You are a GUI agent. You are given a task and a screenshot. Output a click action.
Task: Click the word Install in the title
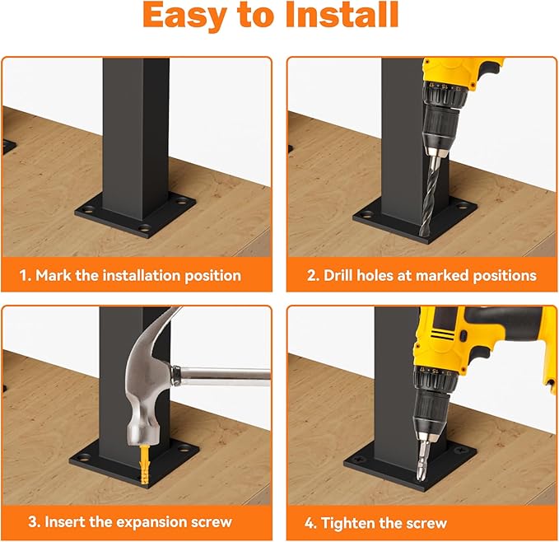click(342, 15)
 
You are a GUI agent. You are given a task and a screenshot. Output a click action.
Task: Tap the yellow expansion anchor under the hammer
click(144, 464)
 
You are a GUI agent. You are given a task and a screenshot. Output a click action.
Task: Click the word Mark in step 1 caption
click(54, 276)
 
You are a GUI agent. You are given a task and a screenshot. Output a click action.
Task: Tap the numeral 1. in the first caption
click(26, 276)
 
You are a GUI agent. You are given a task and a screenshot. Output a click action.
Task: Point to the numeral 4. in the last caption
click(310, 523)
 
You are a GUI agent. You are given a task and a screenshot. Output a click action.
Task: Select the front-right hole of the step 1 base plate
click(145, 227)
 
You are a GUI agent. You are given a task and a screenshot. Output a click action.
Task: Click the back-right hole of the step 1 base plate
click(182, 202)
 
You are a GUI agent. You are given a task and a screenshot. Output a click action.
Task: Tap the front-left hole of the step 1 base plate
click(86, 208)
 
